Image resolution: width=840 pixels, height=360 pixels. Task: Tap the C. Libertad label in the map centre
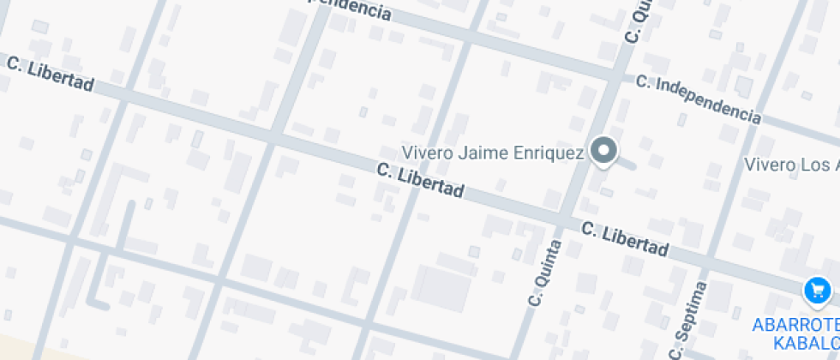(x=420, y=180)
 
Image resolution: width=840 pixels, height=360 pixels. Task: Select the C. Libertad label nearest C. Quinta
(x=624, y=239)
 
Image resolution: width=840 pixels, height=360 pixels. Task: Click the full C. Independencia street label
(x=698, y=99)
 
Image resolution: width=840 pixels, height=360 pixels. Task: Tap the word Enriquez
(x=551, y=153)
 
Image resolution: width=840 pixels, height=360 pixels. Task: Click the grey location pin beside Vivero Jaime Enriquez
(x=605, y=152)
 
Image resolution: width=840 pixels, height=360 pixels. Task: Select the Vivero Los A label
(x=791, y=165)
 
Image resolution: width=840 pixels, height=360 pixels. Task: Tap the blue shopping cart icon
(x=817, y=291)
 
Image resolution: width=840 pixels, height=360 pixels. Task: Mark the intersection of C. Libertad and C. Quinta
(x=570, y=220)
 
